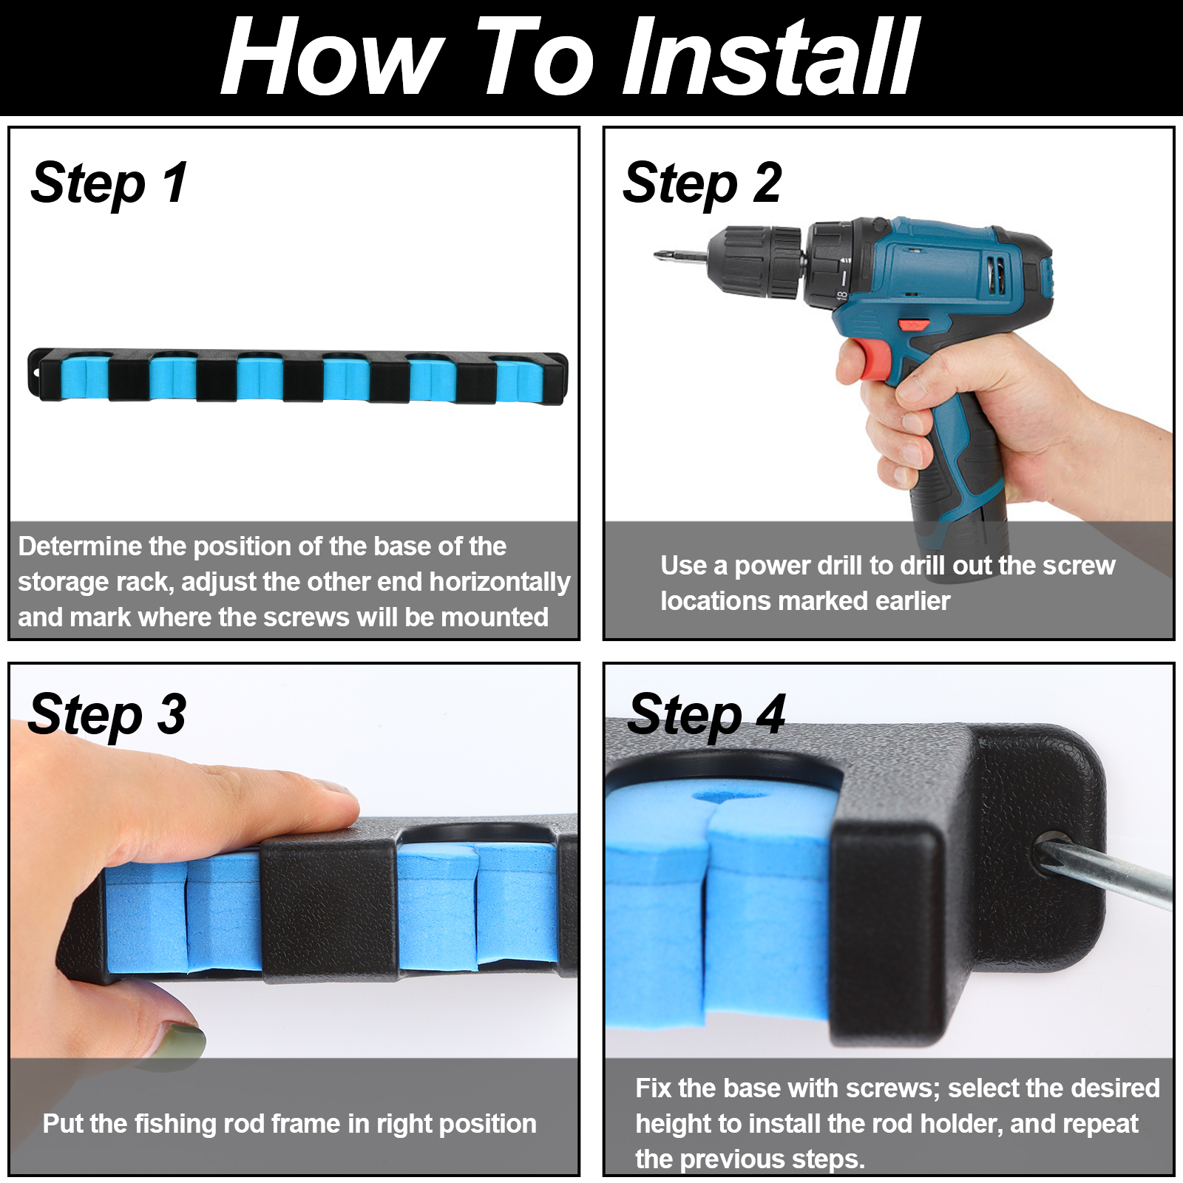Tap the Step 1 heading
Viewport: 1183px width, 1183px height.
pyautogui.click(x=109, y=183)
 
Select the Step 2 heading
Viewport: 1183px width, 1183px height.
pyautogui.click(x=702, y=183)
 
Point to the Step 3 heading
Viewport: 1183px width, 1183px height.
pyautogui.click(x=107, y=715)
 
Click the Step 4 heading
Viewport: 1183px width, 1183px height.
pyautogui.click(x=706, y=715)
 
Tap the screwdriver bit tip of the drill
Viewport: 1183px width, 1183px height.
pyautogui.click(x=657, y=256)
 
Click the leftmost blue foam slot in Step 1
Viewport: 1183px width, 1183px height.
pyautogui.click(x=84, y=378)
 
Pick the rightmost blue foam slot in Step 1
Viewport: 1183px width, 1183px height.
pyautogui.click(x=519, y=379)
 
